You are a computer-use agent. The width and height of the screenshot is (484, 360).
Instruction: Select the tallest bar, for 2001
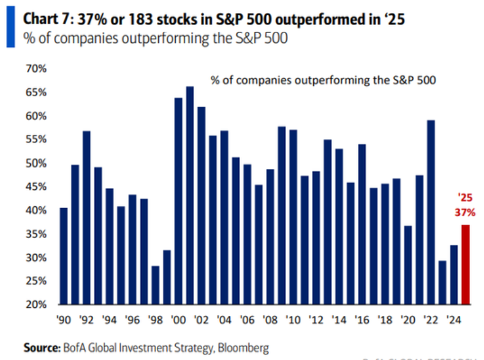190,196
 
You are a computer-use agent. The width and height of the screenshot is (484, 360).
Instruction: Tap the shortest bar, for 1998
155,285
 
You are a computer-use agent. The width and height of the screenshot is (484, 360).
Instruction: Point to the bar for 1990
64,256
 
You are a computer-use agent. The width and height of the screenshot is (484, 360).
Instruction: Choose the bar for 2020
408,265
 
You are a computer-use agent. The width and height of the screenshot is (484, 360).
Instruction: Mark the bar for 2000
178,201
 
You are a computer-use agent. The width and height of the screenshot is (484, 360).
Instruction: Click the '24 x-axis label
453,320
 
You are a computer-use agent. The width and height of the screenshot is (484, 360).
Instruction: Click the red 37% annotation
465,212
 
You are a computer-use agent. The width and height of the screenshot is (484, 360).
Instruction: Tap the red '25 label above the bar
465,199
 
